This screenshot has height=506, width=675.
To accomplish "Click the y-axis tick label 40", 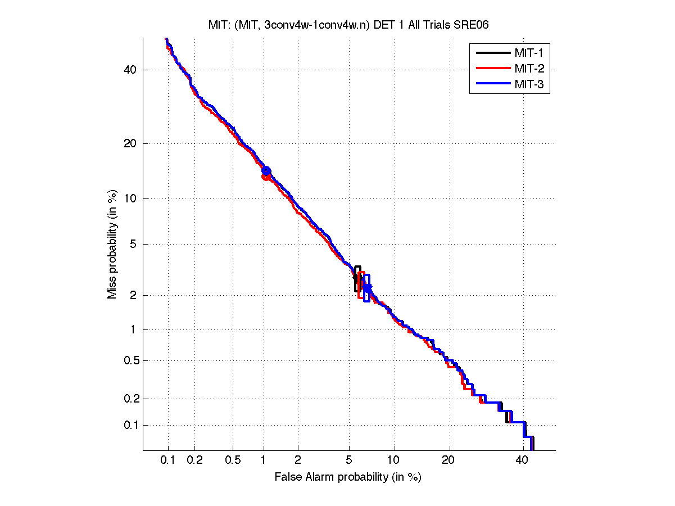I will (130, 70).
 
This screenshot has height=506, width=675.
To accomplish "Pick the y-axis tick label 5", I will (133, 245).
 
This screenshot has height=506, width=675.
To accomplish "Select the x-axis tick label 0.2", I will (194, 460).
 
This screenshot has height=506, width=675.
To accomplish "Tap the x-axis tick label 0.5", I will (233, 460).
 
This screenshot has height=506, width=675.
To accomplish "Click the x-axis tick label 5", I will (348, 460).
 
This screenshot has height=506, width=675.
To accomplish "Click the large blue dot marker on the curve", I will (266, 171).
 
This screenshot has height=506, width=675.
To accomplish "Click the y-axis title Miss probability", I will (113, 245).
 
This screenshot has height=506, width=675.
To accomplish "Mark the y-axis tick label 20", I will (130, 143).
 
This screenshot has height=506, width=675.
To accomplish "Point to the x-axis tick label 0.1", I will (168, 460).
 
